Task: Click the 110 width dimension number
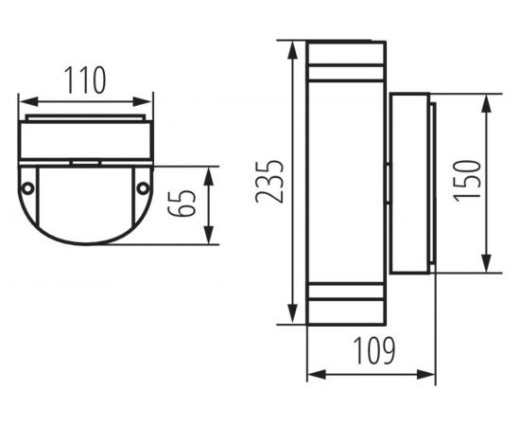86,81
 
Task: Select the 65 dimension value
187,203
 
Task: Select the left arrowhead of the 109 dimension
313,375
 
